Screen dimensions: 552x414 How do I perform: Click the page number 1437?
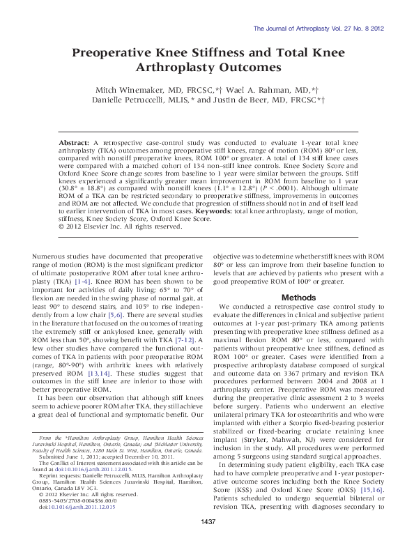pyautogui.click(x=207, y=541)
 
